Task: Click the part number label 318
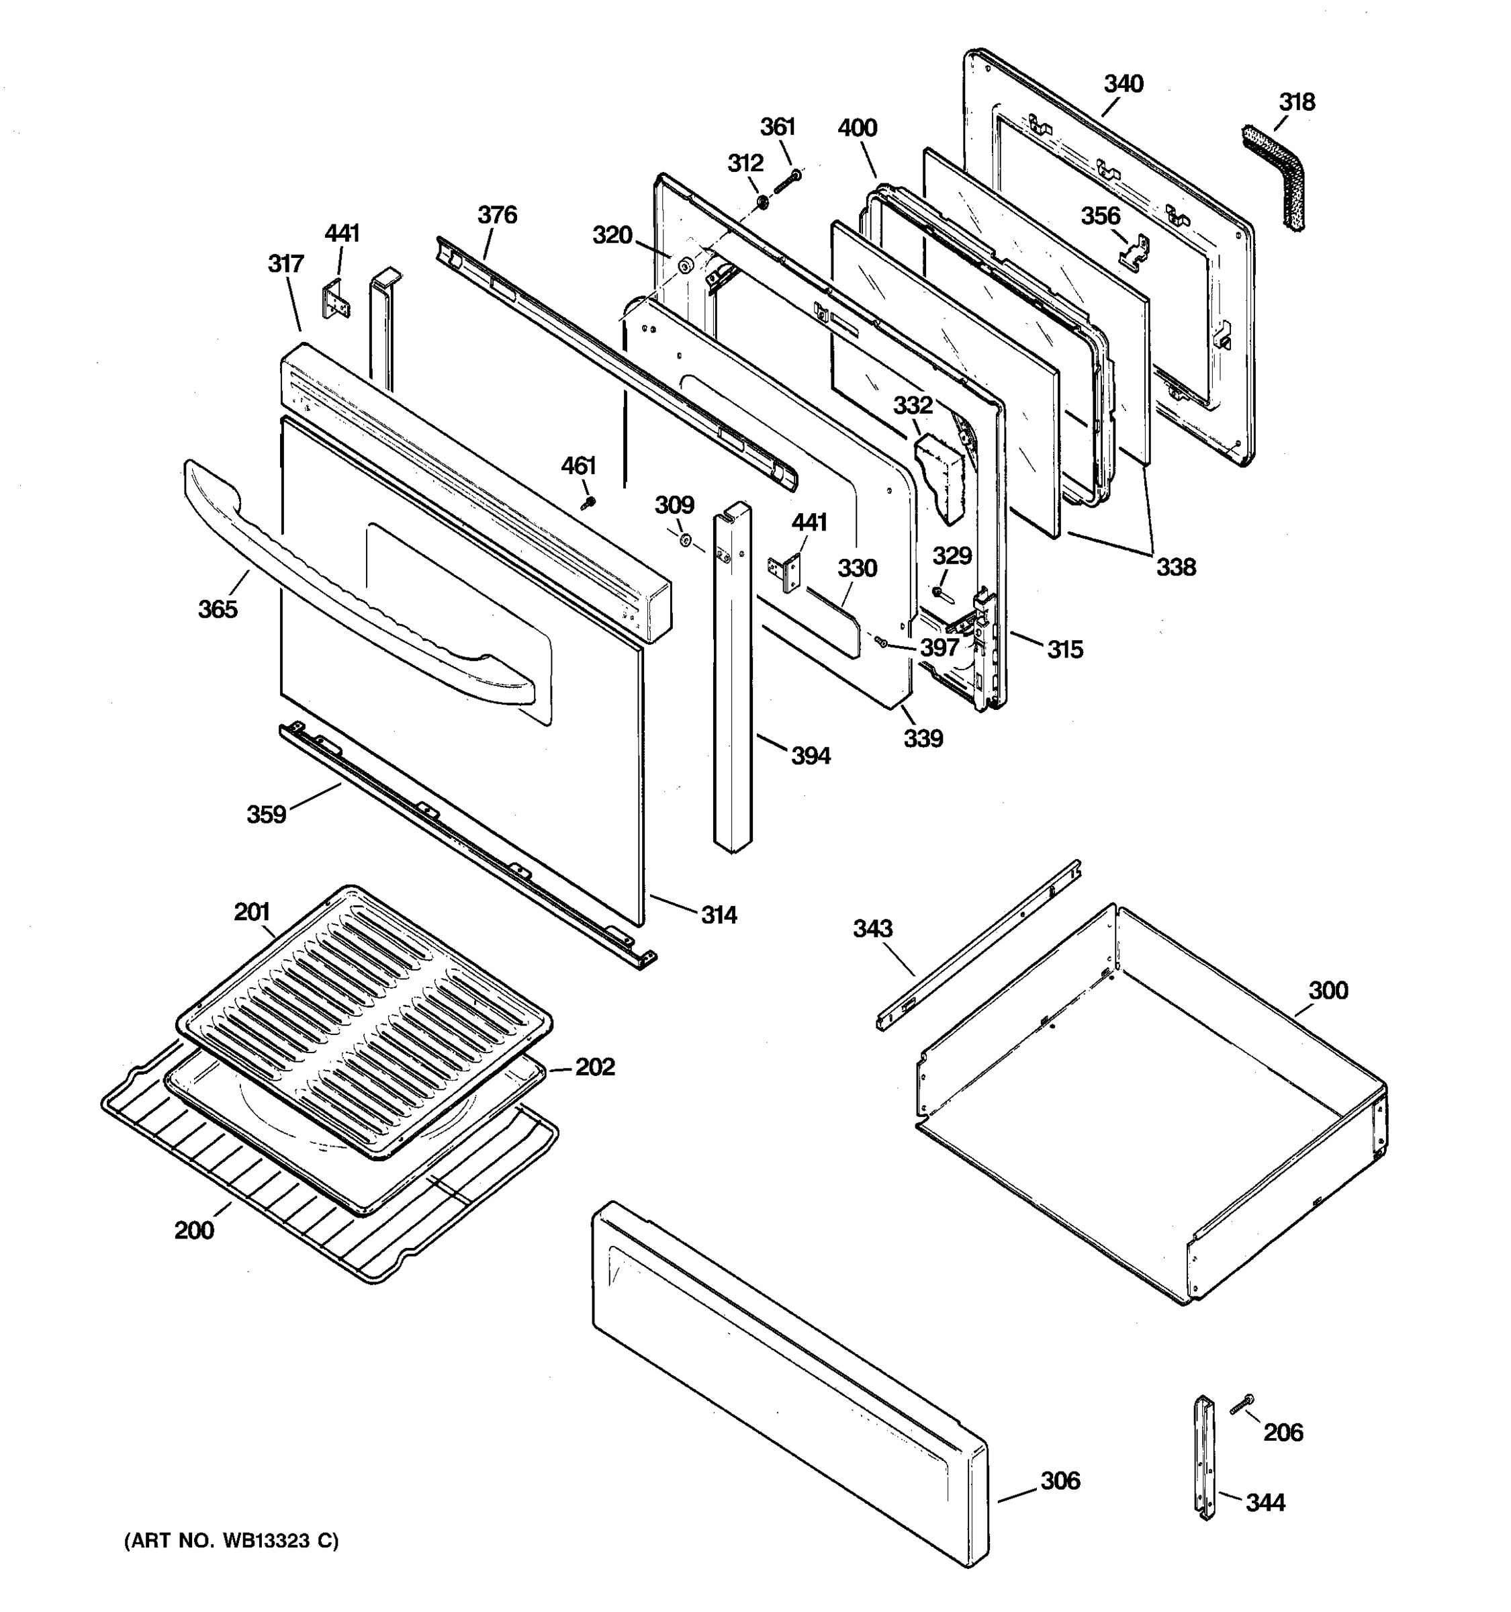point(1296,102)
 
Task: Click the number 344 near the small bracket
point(1265,1503)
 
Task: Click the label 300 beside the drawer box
point(1328,990)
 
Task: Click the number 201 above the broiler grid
point(251,912)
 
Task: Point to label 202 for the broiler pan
point(594,1067)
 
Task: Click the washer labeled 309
point(684,541)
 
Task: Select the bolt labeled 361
point(787,183)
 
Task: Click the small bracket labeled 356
point(1135,251)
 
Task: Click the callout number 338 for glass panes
point(1175,567)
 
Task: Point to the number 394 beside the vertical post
point(810,756)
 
